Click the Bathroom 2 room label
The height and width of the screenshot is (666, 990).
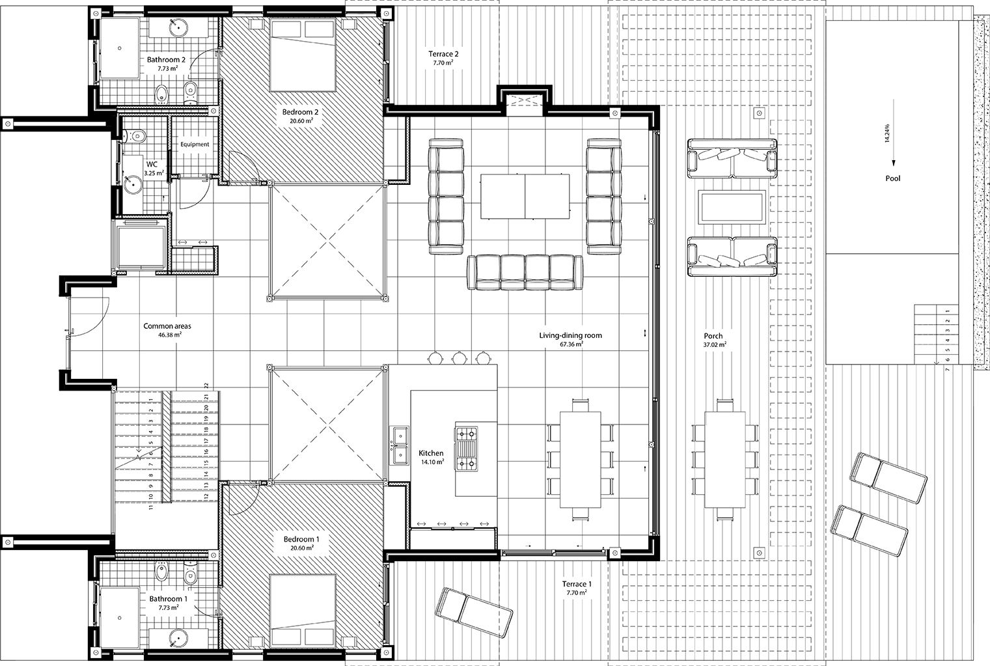pos(166,60)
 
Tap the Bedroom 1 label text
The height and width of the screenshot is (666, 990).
pos(301,539)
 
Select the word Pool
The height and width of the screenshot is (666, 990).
pos(893,178)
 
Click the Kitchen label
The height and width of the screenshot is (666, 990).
pos(431,453)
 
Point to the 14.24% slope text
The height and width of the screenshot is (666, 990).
pos(887,133)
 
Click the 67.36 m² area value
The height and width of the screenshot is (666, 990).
pos(571,344)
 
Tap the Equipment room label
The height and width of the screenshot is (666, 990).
pos(195,144)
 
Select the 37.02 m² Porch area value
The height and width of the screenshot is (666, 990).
pos(715,344)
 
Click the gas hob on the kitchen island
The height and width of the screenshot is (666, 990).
pos(466,448)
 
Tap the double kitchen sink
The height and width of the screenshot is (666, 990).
pos(400,445)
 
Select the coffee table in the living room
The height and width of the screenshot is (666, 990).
pos(525,196)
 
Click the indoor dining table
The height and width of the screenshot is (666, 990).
pos(581,460)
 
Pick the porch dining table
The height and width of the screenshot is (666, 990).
pos(725,460)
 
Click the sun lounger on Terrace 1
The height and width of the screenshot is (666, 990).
pos(474,613)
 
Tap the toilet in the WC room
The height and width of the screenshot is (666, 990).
pos(134,135)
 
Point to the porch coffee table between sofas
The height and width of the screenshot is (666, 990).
pos(732,207)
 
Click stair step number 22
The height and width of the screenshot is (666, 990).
pos(206,385)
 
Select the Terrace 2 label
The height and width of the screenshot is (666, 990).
pos(443,54)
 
